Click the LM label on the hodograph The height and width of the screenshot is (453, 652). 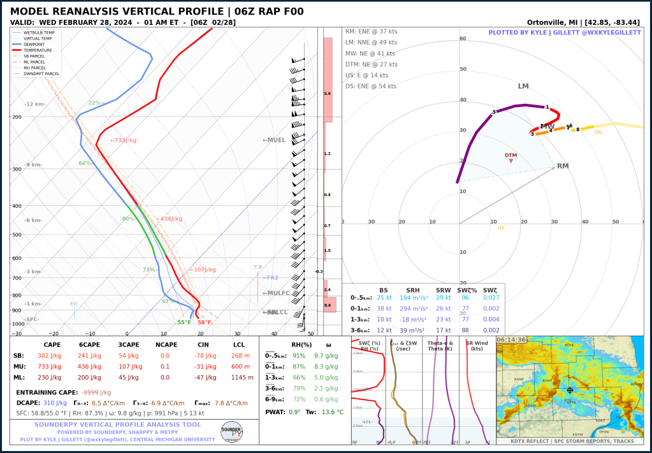tap(523, 87)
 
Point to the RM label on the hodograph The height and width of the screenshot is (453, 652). tap(563, 166)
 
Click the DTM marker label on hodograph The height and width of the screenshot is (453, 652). tap(511, 155)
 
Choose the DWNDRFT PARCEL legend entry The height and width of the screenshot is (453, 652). tap(41, 74)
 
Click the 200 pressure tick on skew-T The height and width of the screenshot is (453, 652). tap(17, 117)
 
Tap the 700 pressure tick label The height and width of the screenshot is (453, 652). tap(17, 278)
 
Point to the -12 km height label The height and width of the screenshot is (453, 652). tap(35, 104)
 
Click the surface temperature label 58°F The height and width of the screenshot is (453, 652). tap(205, 322)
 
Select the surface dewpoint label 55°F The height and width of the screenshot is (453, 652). tap(184, 322)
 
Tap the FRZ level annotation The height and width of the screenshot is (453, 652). tap(271, 278)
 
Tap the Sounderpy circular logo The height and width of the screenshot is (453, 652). tap(231, 431)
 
